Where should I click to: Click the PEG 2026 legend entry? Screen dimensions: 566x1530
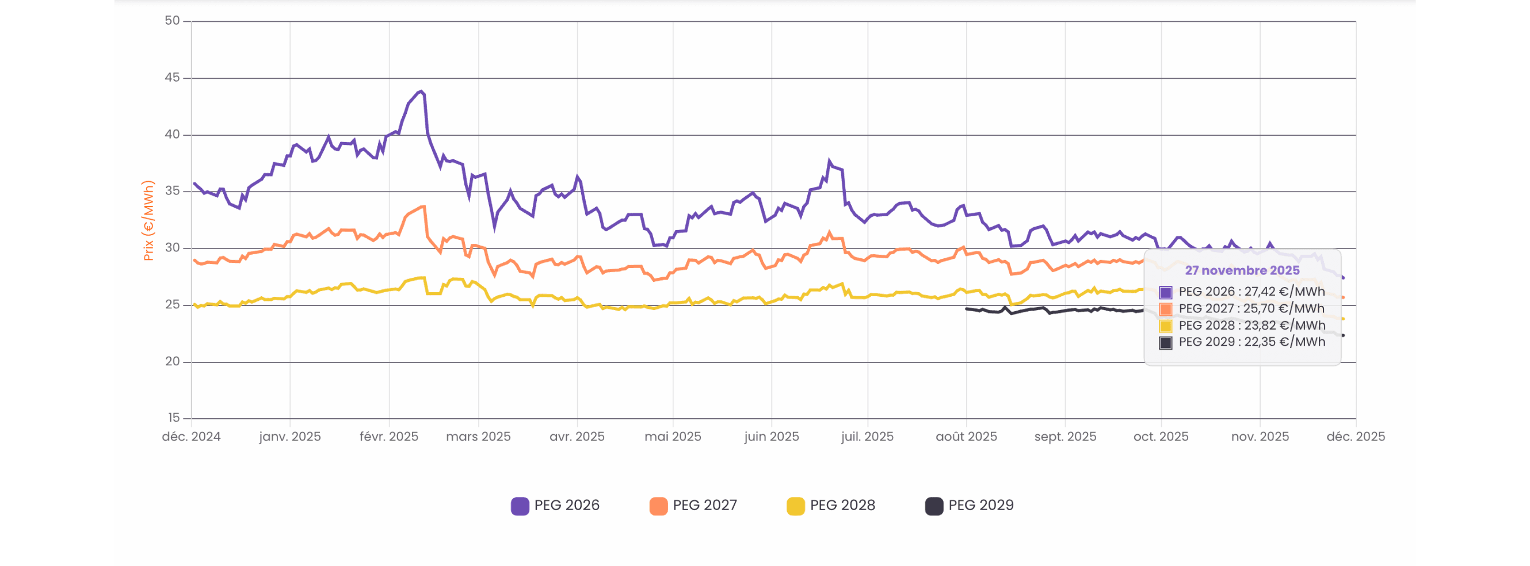(x=555, y=506)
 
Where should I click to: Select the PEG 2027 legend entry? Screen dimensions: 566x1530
(x=693, y=506)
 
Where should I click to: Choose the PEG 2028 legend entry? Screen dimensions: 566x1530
(x=831, y=506)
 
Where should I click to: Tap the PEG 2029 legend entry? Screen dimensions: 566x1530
(x=970, y=506)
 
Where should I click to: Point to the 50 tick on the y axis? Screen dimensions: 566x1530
(x=171, y=21)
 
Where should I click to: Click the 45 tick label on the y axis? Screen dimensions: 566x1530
(x=171, y=78)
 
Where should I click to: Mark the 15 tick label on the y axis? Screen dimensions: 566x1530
(x=173, y=418)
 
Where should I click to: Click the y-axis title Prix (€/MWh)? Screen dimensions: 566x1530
(x=148, y=220)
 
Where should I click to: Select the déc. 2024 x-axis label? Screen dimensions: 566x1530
(x=191, y=437)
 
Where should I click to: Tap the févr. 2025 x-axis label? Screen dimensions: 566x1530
(x=389, y=437)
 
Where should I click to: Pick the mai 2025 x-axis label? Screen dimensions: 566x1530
(x=673, y=437)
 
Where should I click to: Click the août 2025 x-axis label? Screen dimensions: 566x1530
(x=966, y=437)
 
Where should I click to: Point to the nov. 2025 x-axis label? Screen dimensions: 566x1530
(x=1260, y=437)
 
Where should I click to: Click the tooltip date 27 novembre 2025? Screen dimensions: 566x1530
(x=1242, y=270)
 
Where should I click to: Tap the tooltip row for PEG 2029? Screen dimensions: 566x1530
(x=1242, y=342)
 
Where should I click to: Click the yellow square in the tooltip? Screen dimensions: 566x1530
(x=1165, y=326)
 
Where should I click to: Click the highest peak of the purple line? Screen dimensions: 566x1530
(x=421, y=91)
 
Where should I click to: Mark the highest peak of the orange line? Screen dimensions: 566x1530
(x=423, y=206)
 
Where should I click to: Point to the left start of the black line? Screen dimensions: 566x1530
(x=967, y=308)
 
